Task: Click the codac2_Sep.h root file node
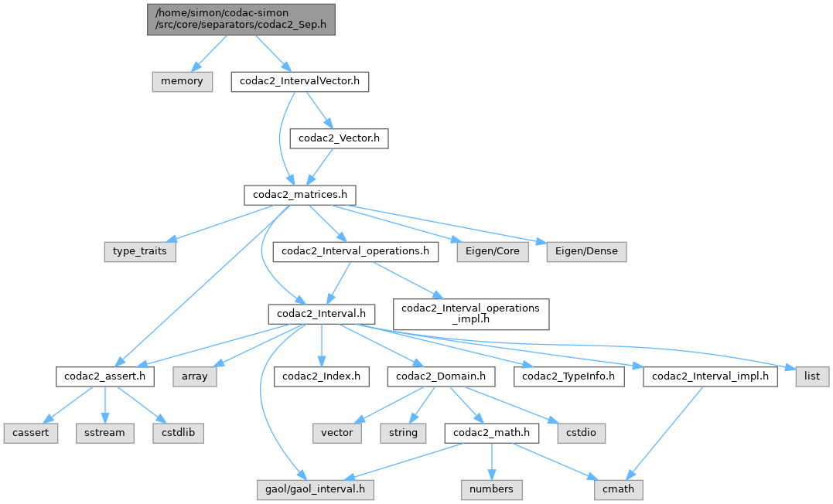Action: click(x=241, y=19)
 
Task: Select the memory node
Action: click(x=182, y=81)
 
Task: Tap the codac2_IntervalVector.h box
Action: click(x=299, y=81)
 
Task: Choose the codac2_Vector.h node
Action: click(x=338, y=139)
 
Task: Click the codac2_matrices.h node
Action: click(x=300, y=194)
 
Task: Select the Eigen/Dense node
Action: click(x=586, y=251)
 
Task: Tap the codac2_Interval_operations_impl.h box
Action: click(x=471, y=314)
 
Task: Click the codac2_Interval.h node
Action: click(x=322, y=314)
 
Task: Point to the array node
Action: click(x=195, y=376)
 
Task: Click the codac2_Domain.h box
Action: click(x=441, y=376)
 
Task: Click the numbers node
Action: click(x=491, y=489)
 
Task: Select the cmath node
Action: click(x=619, y=489)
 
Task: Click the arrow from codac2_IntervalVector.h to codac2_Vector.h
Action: click(x=318, y=110)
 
